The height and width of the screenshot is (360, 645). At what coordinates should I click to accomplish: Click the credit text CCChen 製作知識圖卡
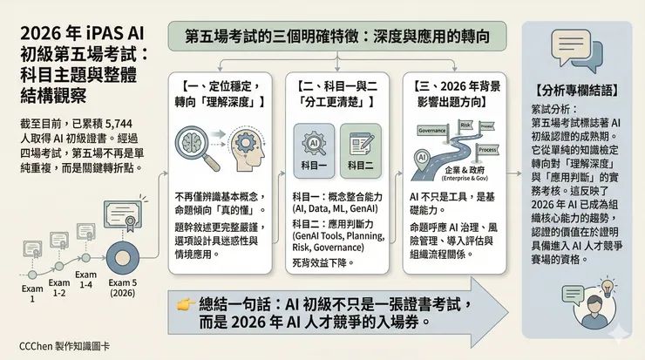click(x=57, y=346)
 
